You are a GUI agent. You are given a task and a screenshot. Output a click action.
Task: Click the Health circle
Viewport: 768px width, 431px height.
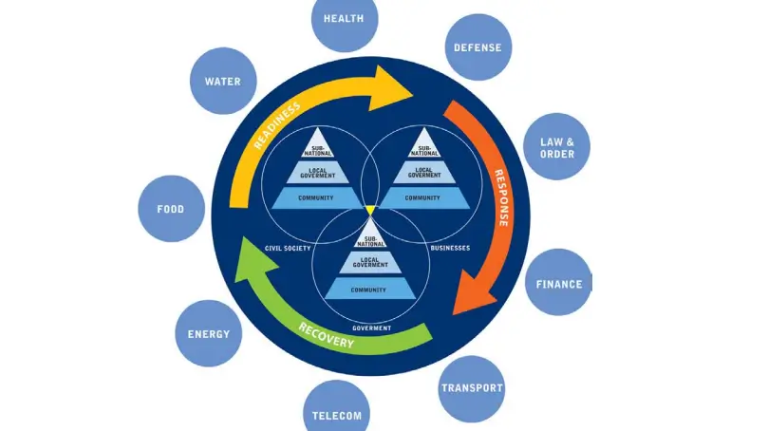pyautogui.click(x=345, y=20)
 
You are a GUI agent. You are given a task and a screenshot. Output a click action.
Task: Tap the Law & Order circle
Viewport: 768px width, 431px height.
pyautogui.click(x=556, y=147)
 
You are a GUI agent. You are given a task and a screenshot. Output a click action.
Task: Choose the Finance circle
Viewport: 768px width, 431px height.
pyautogui.click(x=558, y=283)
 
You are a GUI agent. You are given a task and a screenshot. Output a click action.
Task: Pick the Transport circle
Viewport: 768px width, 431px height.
pyautogui.click(x=472, y=388)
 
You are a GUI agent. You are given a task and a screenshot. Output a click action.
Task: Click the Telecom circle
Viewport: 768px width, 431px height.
pyautogui.click(x=337, y=414)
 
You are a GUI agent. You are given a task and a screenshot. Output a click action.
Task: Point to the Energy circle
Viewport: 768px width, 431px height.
pyautogui.click(x=209, y=334)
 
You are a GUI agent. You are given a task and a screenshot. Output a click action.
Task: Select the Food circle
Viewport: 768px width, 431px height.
pyautogui.click(x=172, y=209)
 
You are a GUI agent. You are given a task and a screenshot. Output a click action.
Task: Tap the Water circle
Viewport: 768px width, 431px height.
pyautogui.click(x=222, y=82)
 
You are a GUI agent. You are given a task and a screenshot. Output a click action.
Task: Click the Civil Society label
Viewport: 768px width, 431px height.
pyautogui.click(x=288, y=248)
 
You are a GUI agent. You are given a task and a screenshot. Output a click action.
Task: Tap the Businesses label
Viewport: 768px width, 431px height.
pyautogui.click(x=450, y=248)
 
